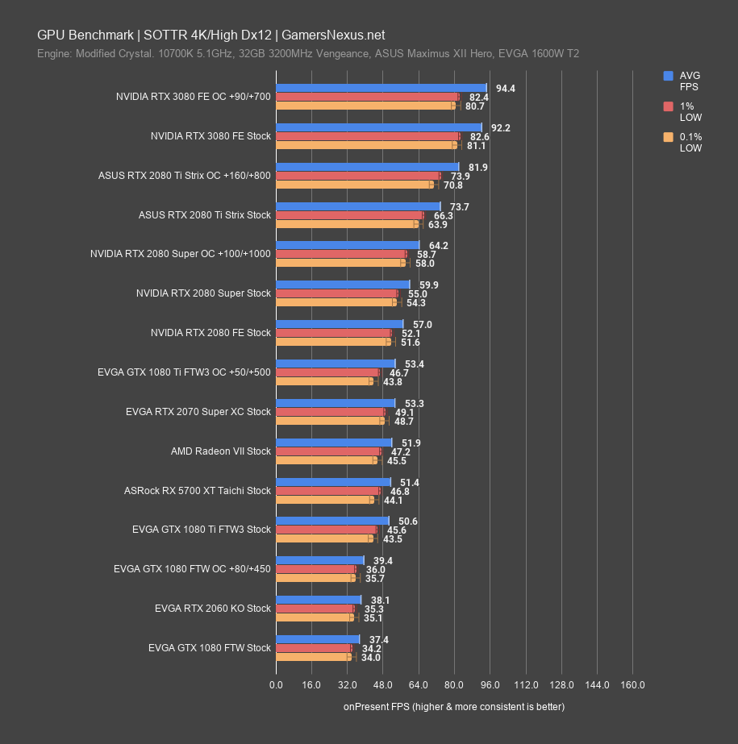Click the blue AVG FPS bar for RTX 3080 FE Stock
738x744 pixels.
378,127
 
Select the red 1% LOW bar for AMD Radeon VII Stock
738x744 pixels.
328,451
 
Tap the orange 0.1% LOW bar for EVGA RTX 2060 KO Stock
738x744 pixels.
315,618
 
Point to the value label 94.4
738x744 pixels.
506,89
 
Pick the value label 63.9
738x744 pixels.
438,225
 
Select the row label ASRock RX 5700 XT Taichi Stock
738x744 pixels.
198,491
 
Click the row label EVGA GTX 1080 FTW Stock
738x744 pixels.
210,647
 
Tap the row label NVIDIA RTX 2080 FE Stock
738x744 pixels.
211,333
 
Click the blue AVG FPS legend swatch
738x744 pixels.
668,76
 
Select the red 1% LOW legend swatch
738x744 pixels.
668,106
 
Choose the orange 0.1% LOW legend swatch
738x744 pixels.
668,137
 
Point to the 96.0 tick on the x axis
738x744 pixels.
490,685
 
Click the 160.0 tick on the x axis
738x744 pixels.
632,685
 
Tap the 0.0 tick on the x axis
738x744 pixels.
276,685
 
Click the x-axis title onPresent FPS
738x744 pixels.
453,707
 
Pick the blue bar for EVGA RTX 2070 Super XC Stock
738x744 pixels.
336,403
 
